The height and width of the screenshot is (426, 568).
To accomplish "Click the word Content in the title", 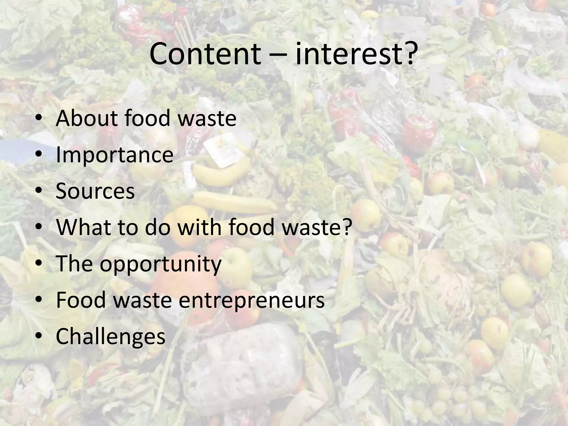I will [205, 54].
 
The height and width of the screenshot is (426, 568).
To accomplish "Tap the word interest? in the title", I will [356, 54].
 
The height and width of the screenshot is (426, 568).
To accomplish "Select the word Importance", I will [115, 155].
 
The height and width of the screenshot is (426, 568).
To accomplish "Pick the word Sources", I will [95, 191].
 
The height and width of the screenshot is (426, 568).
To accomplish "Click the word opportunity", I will [161, 264].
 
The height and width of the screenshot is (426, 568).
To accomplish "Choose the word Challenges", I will [110, 336].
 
